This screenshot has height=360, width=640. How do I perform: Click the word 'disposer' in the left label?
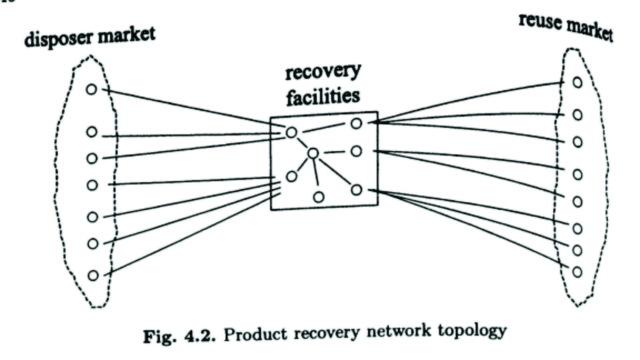tap(58, 38)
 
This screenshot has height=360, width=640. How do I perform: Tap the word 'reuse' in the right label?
tap(540, 21)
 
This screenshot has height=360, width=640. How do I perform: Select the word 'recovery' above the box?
tap(323, 72)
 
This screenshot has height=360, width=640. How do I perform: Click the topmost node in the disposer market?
tap(92, 89)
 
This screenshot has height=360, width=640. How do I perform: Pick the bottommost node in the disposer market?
tap(93, 275)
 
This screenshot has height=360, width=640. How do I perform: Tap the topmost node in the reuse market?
tap(577, 82)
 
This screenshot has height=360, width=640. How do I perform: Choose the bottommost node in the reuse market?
tap(577, 272)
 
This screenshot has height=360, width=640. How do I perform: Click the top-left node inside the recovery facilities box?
tap(292, 132)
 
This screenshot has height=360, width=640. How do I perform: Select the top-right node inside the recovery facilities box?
tap(356, 124)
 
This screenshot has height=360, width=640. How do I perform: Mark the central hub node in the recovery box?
tap(313, 153)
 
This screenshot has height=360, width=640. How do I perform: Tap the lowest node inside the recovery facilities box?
tap(319, 197)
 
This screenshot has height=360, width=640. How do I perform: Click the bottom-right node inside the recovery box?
tap(356, 190)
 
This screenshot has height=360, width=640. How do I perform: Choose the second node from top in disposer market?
tap(92, 132)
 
